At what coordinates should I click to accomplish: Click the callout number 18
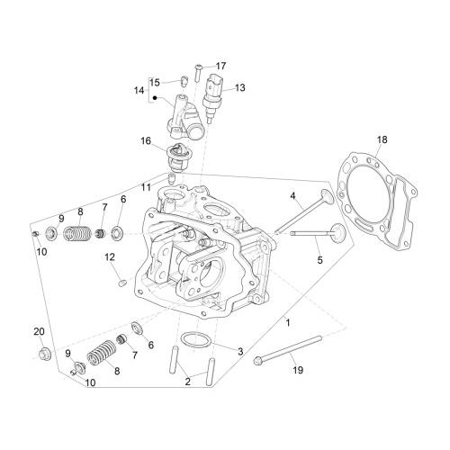tap(382, 139)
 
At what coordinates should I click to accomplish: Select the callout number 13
tap(240, 88)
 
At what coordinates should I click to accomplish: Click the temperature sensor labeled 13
tap(211, 96)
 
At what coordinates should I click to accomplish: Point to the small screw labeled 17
tap(198, 72)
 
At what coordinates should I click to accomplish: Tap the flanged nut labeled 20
tap(45, 354)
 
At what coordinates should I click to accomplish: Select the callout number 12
tap(110, 257)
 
